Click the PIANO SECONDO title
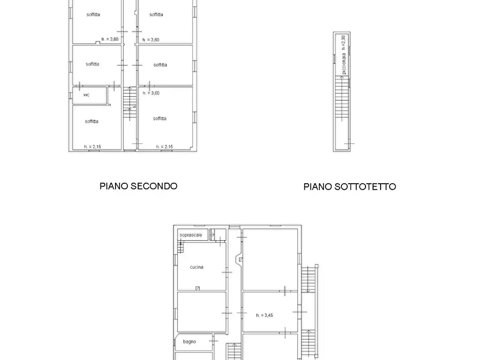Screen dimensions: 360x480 click(138, 186)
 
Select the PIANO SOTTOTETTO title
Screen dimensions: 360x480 click(349, 186)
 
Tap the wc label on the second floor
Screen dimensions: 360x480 click(86, 95)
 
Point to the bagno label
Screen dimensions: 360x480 click(189, 341)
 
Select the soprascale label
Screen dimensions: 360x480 click(190, 235)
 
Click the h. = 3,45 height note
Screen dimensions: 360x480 click(264, 315)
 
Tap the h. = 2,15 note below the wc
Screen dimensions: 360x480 click(92, 147)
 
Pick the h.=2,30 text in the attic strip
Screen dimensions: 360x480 click(343, 42)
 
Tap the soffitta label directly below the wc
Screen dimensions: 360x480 click(91, 121)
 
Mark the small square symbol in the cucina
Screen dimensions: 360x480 click(197, 289)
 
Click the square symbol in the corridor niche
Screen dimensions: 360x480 click(240, 260)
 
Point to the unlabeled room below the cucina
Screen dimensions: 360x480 click(201, 312)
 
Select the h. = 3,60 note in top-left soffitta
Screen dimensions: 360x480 click(110, 39)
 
